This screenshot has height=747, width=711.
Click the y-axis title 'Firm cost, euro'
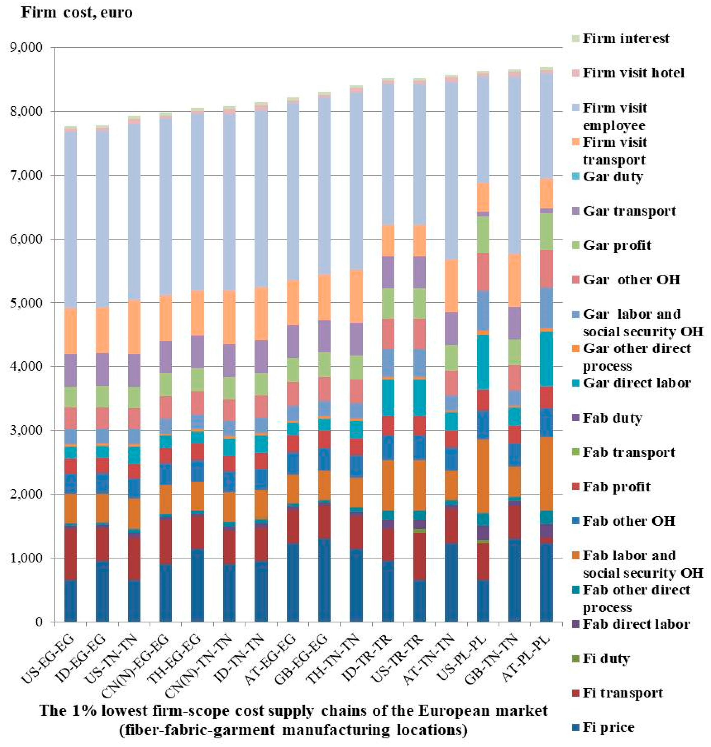(x=77, y=13)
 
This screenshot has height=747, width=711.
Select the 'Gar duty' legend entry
(x=612, y=177)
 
